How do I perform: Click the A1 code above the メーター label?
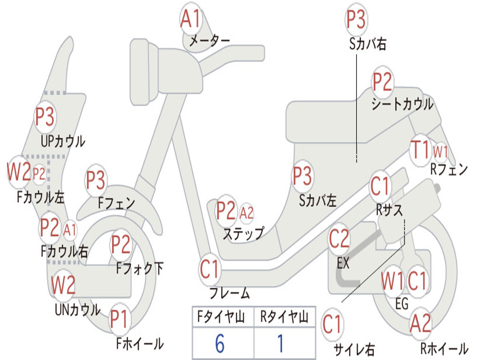(190, 18)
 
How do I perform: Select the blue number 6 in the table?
(220, 344)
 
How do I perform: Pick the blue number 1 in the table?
(280, 344)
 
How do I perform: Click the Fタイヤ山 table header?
(221, 316)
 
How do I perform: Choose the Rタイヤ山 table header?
(285, 316)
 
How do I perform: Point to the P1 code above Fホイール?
(119, 319)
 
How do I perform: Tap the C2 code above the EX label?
(339, 239)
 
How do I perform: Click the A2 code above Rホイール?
(420, 323)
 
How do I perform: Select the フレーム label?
(230, 293)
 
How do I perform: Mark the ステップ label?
(243, 234)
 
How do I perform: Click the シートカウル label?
(402, 104)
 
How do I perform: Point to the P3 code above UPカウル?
(45, 117)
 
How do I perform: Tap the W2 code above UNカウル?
(63, 285)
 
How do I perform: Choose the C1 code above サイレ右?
(331, 324)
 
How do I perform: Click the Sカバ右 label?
(367, 44)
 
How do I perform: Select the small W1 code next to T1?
(440, 151)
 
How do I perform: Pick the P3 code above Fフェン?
(96, 180)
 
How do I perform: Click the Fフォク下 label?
(140, 269)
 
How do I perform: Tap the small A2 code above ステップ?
(247, 213)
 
